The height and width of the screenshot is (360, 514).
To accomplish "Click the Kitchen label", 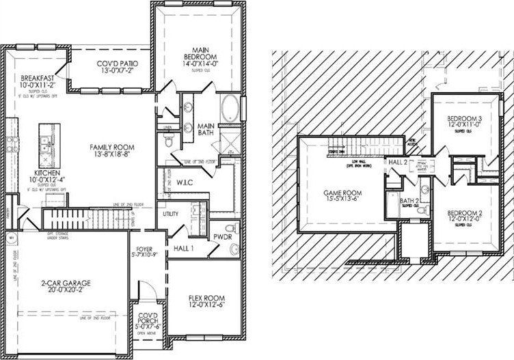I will point(42,176).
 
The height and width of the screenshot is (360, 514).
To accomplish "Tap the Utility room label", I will point(170,214).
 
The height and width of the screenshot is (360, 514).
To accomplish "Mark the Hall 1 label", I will point(183,248).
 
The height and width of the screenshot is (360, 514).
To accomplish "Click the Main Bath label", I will point(207,130).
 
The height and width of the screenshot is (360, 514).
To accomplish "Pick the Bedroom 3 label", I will point(459,120).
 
